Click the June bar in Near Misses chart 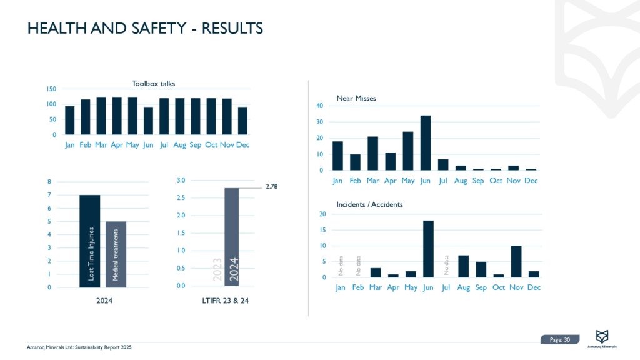(x=425, y=143)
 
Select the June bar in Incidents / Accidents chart (x=428, y=249)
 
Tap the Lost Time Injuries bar (x=89, y=241)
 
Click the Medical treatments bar (x=116, y=254)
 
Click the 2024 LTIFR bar (x=231, y=237)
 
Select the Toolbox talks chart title (x=153, y=84)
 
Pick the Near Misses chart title (x=356, y=98)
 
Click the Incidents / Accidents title (x=369, y=204)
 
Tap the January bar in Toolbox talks (x=70, y=120)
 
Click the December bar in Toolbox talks (x=242, y=121)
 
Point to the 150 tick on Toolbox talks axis (x=51, y=90)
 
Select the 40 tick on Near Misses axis (x=319, y=106)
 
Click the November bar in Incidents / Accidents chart (x=516, y=261)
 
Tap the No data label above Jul (x=446, y=265)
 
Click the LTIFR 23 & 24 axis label (x=229, y=301)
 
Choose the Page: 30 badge (x=559, y=339)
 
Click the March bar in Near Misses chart (x=372, y=153)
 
